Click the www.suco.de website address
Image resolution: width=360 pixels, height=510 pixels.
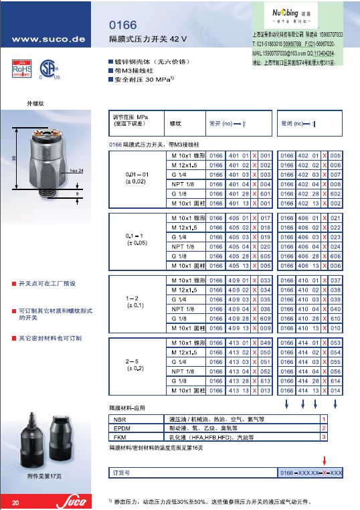point(45,39)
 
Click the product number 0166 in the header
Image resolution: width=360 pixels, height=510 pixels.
point(121,25)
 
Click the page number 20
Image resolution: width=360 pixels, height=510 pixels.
point(15,501)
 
